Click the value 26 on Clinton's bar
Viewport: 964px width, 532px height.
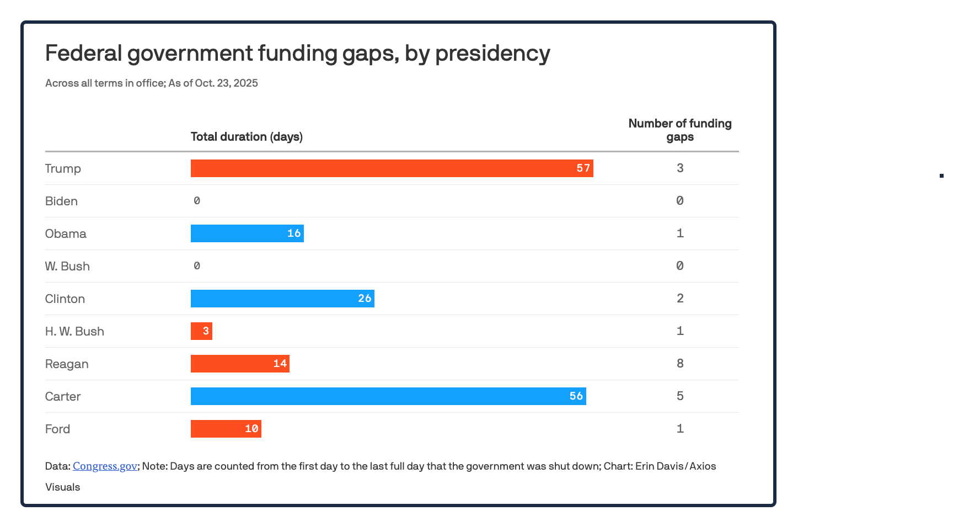(365, 299)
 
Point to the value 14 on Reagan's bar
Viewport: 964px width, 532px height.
(280, 364)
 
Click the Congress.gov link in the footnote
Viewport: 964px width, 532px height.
(105, 466)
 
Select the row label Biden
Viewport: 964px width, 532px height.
(61, 201)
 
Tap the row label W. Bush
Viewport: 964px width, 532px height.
(67, 266)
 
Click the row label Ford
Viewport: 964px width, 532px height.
(57, 429)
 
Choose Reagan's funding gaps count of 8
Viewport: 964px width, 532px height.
(680, 364)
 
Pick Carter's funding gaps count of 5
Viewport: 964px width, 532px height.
(680, 396)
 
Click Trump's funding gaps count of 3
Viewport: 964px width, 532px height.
(680, 168)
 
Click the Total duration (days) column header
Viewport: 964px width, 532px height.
(247, 137)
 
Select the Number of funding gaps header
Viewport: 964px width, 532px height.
(680, 130)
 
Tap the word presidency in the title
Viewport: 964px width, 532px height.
(492, 54)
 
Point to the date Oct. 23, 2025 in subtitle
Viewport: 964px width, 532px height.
(226, 83)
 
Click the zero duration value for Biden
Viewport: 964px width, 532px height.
(197, 201)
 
